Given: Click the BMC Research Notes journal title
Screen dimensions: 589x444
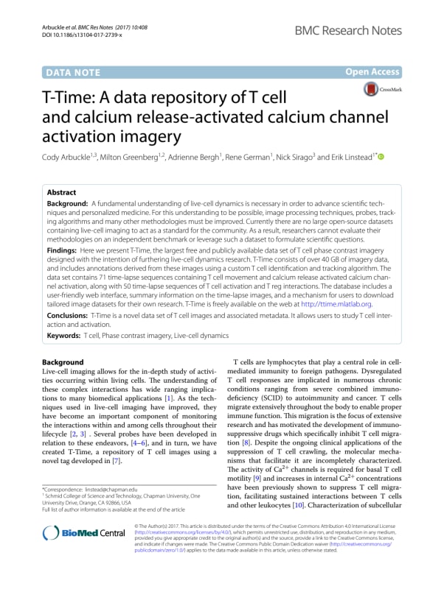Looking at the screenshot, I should click(358, 30).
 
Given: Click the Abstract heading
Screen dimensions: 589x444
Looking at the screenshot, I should click(64, 189).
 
